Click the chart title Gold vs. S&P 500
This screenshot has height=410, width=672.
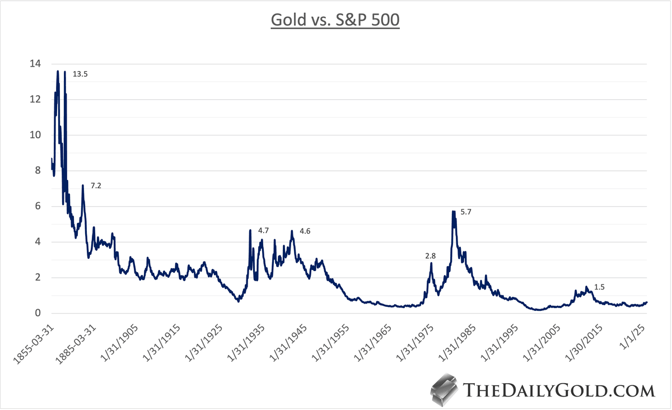click(335, 20)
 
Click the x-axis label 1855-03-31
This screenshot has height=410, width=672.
click(32, 342)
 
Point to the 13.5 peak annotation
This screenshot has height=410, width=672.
click(80, 74)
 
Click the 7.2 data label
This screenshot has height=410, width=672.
click(96, 185)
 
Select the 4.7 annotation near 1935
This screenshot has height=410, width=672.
click(264, 230)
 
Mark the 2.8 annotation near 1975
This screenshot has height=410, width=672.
click(430, 255)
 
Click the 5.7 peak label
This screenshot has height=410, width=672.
click(466, 212)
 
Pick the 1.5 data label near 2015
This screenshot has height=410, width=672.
click(599, 287)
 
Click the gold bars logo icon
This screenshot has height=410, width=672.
click(444, 390)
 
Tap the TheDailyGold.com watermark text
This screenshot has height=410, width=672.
click(559, 390)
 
